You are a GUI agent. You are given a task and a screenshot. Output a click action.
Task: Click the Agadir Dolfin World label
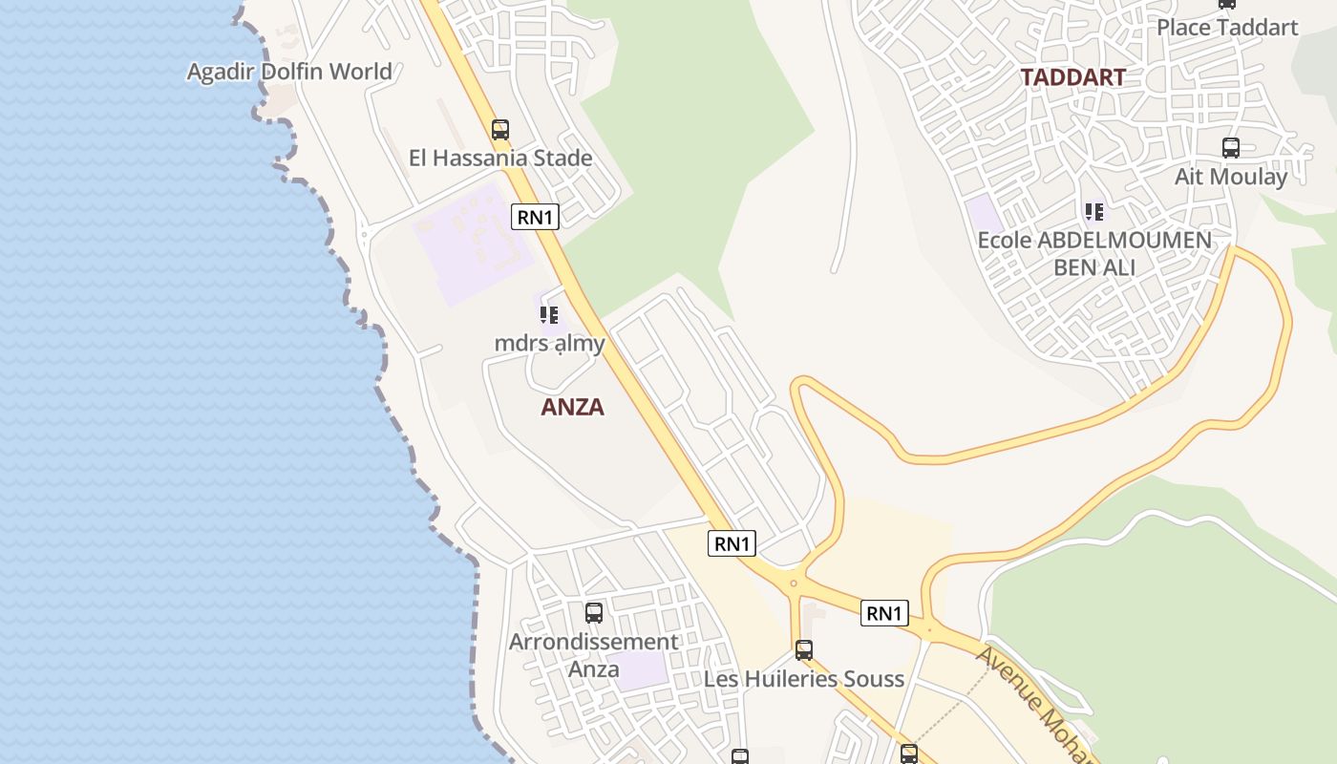(x=289, y=72)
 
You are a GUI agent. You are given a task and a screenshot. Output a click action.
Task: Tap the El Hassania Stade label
(x=500, y=158)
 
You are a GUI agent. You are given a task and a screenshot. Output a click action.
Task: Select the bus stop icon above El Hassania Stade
(x=500, y=129)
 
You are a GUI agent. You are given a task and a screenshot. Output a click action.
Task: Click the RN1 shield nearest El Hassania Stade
(x=535, y=217)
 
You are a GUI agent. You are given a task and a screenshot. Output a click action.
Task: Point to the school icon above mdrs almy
(x=548, y=314)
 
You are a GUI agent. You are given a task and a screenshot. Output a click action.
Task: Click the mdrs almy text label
(x=549, y=342)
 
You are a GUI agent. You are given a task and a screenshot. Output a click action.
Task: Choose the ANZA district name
(x=573, y=407)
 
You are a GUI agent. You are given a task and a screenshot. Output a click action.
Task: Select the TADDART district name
(x=1072, y=77)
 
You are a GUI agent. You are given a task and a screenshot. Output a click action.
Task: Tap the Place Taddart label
(x=1227, y=27)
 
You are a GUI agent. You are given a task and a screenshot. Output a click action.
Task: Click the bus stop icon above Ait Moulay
(x=1231, y=148)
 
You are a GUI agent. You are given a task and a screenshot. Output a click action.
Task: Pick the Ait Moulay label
(x=1231, y=177)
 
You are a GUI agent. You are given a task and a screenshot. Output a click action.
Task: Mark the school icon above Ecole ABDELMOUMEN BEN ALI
(x=1094, y=211)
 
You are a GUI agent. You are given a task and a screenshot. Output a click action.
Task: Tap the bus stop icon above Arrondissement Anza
(x=594, y=613)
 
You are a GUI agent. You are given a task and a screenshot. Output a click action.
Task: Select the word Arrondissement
(x=593, y=642)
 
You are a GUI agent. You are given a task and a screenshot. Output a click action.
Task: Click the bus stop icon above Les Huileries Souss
(x=804, y=650)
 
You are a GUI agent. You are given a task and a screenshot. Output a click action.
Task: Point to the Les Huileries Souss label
(x=804, y=679)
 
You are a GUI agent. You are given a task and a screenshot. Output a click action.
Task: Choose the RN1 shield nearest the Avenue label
(x=883, y=613)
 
